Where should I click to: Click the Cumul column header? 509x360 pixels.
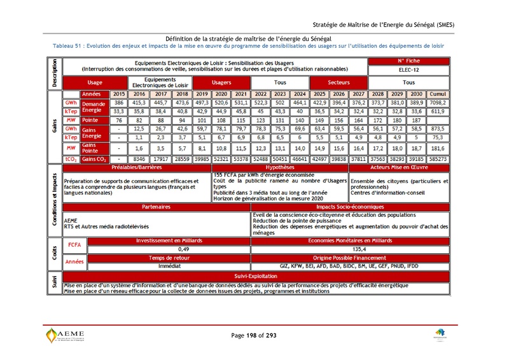(438, 93)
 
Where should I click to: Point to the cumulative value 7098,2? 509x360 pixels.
(438, 102)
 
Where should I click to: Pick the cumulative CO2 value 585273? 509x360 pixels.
(438, 159)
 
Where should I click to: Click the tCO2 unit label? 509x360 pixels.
(71, 159)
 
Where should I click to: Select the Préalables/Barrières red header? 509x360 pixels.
(136, 167)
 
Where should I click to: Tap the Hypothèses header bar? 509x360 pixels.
(280, 167)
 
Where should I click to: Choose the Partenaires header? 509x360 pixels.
(156, 207)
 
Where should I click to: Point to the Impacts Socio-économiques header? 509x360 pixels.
(351, 207)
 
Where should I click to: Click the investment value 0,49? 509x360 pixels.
(183, 249)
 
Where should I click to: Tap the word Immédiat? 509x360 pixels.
(183, 266)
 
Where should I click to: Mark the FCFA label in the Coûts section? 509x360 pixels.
(74, 245)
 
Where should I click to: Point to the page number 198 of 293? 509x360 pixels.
(254, 335)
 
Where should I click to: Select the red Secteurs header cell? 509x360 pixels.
(338, 83)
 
